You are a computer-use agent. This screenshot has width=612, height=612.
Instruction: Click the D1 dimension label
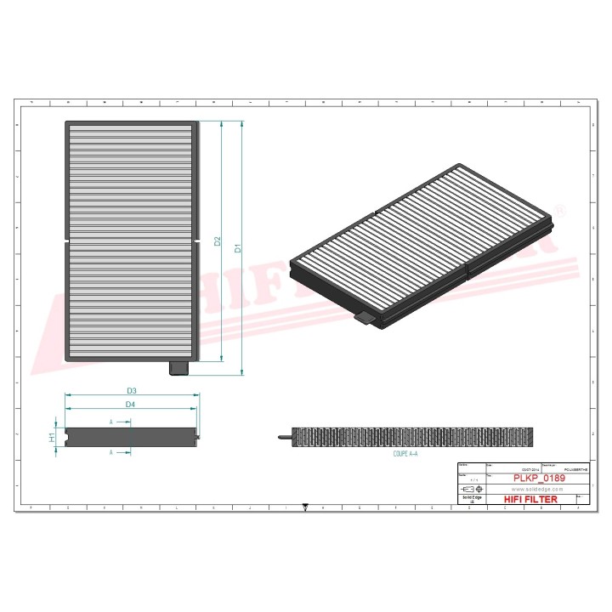(239, 248)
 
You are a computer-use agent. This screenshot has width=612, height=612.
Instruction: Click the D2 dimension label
(218, 242)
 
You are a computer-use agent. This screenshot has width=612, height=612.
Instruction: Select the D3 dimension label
(132, 390)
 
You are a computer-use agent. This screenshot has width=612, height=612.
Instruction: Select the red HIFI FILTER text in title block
(531, 499)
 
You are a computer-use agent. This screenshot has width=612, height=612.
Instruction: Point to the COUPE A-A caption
(405, 454)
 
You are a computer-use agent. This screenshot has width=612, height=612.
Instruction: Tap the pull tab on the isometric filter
(363, 318)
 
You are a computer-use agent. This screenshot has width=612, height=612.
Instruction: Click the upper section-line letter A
(111, 422)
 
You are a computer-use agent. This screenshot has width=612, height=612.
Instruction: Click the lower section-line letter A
(111, 453)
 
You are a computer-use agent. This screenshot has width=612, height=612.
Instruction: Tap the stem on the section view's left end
(284, 437)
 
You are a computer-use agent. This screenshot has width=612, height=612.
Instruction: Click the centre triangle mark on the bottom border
(305, 507)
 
